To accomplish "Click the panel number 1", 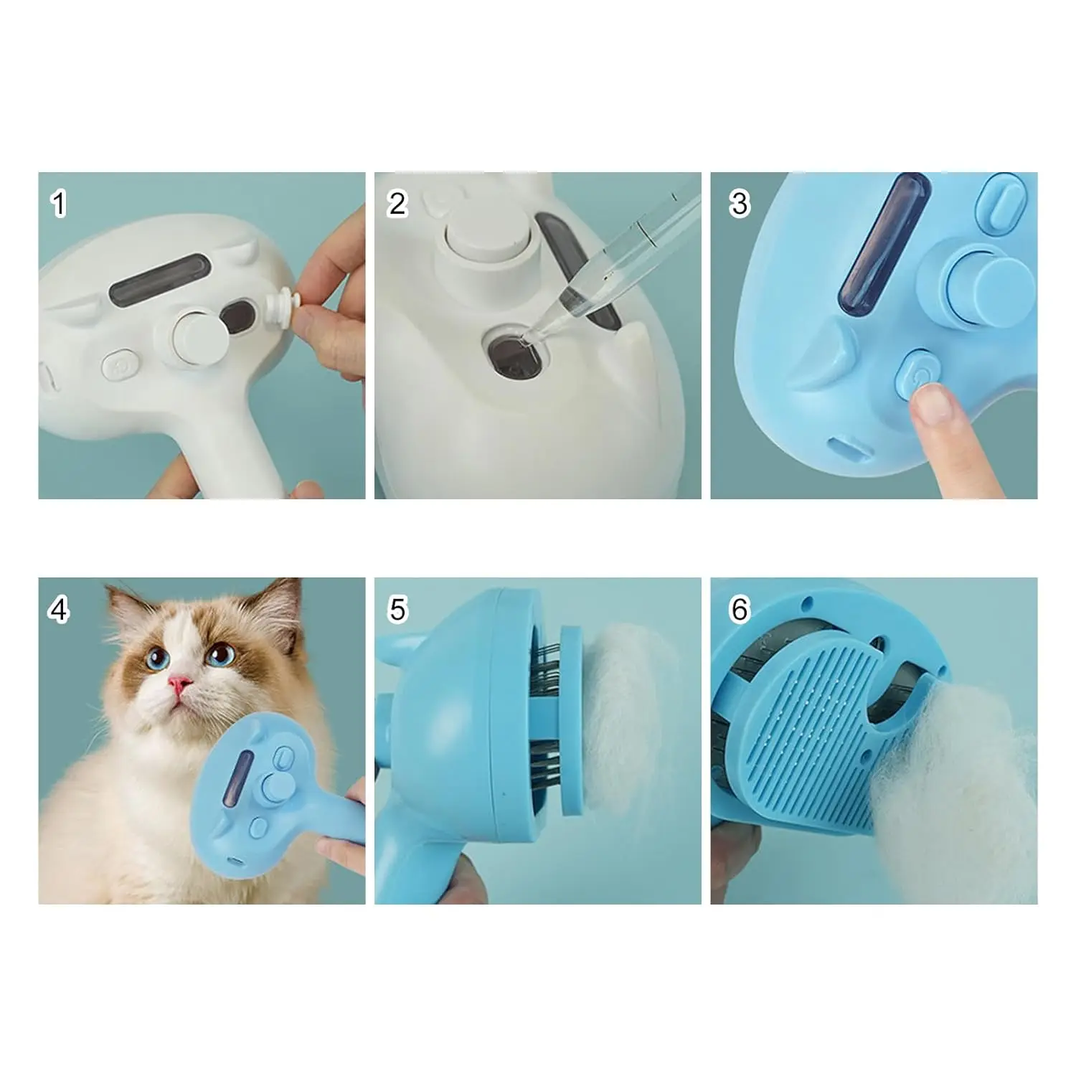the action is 59,204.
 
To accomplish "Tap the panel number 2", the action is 397,204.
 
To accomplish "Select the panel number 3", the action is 739,204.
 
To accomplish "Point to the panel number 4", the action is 59,610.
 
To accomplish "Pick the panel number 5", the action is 397,610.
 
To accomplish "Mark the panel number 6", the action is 739,610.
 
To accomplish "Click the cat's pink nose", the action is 181,685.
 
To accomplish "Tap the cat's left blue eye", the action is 154,659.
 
